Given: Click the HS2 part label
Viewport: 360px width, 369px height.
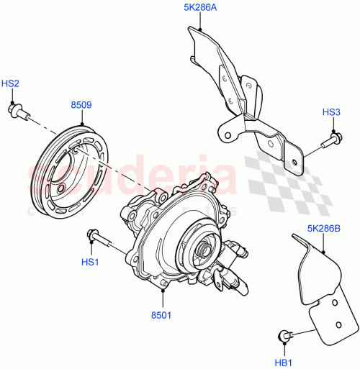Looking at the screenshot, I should click(10, 84).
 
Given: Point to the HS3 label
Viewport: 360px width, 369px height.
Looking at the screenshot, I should click(330, 111).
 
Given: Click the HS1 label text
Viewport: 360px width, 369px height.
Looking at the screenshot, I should click(89, 263).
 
